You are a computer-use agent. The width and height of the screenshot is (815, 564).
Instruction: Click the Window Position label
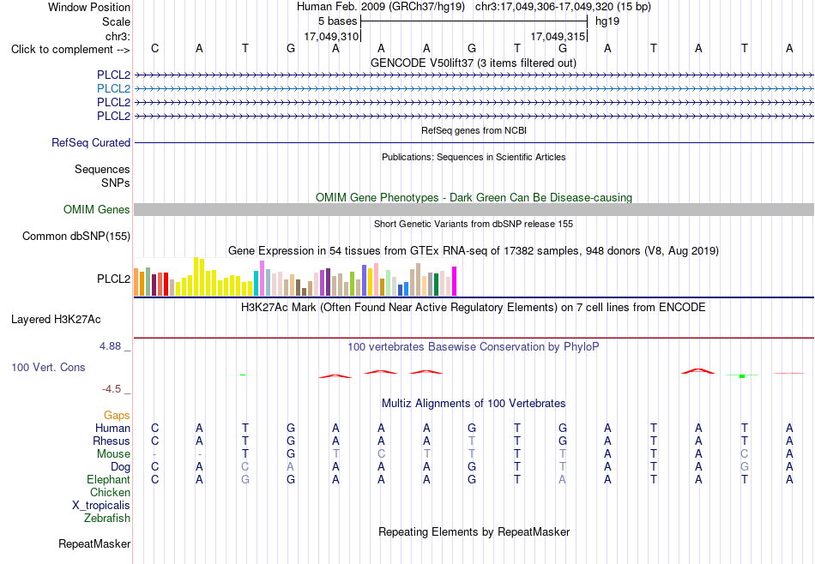pyautogui.click(x=89, y=7)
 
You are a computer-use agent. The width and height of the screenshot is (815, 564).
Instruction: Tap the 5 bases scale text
pyautogui.click(x=338, y=21)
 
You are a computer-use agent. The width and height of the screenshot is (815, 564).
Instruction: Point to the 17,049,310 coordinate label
pyautogui.click(x=331, y=36)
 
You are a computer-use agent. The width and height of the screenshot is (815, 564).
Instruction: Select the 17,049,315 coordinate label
pyautogui.click(x=558, y=36)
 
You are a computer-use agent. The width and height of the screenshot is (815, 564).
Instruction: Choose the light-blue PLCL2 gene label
pyautogui.click(x=113, y=88)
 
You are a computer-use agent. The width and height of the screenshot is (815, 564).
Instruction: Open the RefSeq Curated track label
pyautogui.click(x=91, y=142)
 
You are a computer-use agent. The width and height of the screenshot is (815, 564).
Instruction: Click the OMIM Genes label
pyautogui.click(x=97, y=209)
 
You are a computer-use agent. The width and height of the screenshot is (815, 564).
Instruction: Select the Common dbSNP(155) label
pyautogui.click(x=76, y=237)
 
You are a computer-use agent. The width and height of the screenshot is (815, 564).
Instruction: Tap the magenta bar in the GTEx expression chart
pyautogui.click(x=455, y=281)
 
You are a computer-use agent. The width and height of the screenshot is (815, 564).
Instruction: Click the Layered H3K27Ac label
pyautogui.click(x=56, y=320)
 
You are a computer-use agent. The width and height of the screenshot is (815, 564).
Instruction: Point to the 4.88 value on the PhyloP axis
pyautogui.click(x=110, y=346)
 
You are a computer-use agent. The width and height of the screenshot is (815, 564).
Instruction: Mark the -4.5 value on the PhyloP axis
pyautogui.click(x=112, y=389)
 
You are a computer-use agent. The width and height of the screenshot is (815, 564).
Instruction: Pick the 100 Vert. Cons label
pyautogui.click(x=48, y=367)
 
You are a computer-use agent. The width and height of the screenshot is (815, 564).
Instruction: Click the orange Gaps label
pyautogui.click(x=117, y=415)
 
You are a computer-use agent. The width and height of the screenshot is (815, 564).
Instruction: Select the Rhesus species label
pyautogui.click(x=112, y=441)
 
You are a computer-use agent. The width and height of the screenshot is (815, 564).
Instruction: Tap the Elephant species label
pyautogui.click(x=109, y=479)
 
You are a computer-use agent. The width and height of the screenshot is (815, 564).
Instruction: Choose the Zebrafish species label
pyautogui.click(x=107, y=518)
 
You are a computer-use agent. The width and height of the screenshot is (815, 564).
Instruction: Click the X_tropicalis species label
pyautogui.click(x=101, y=506)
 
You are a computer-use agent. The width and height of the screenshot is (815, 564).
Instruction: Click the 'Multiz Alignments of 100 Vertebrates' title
pyautogui.click(x=474, y=403)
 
